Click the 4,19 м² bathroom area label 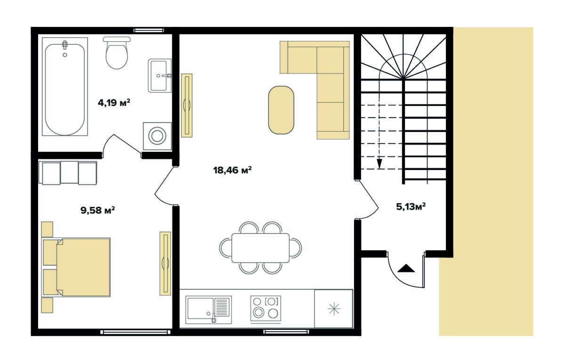114,103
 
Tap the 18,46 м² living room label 232,170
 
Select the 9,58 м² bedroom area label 98,210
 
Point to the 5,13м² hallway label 411,207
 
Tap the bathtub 65,87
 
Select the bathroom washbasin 160,75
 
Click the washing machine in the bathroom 157,136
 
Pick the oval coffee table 281,110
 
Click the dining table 260,248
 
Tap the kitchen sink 209,310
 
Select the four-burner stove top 266,309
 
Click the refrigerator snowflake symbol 334,309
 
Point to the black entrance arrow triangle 406,268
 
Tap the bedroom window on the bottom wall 136,332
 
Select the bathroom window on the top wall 149,31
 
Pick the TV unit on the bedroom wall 165,263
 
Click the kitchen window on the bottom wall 286,332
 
